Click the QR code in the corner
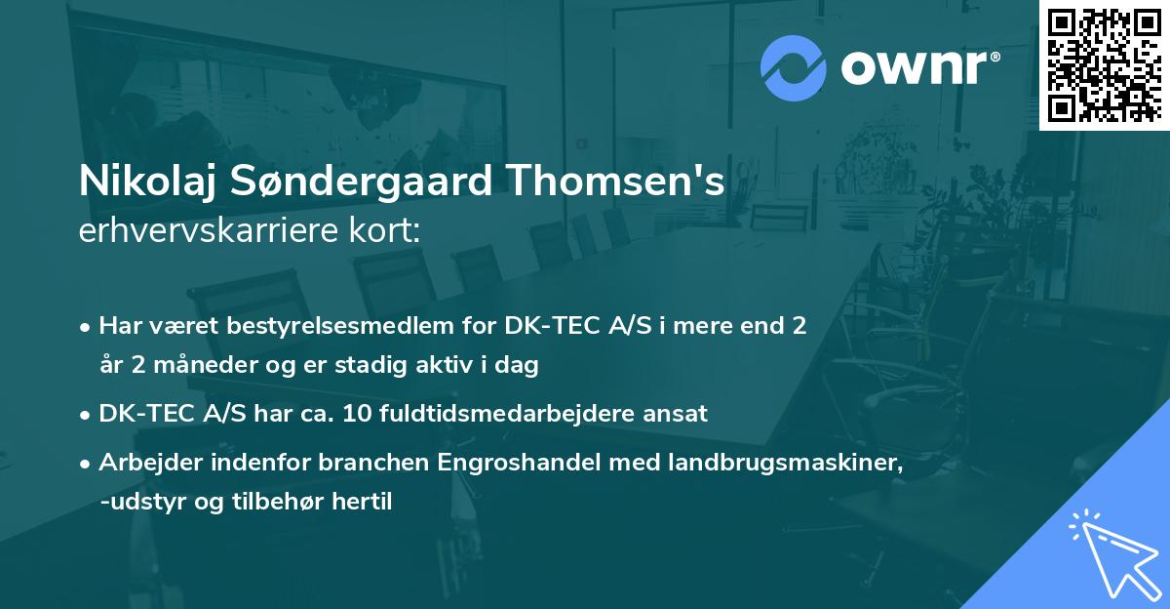pyautogui.click(x=1104, y=64)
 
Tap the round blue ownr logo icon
pyautogui.click(x=794, y=67)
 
